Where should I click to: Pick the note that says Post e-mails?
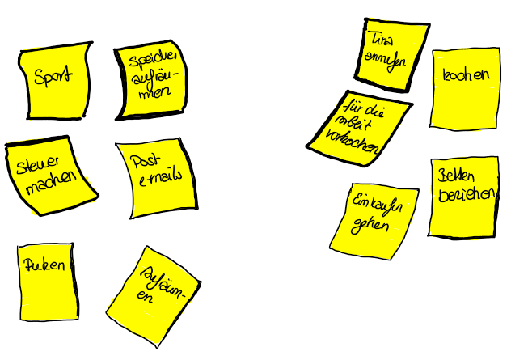[157, 179]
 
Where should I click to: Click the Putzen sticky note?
[48, 280]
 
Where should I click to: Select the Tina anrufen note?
[392, 52]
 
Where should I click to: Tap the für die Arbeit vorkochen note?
[357, 126]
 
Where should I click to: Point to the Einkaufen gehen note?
[374, 214]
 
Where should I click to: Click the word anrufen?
[386, 62]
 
